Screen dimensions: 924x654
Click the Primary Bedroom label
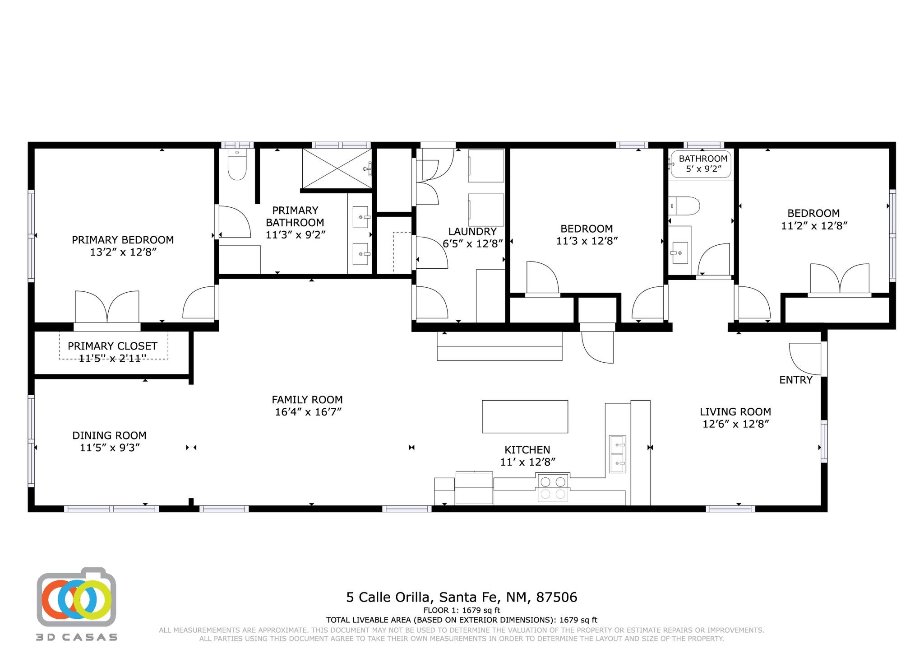click(x=123, y=240)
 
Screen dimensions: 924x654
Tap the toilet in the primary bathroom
click(x=237, y=164)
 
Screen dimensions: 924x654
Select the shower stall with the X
click(x=337, y=168)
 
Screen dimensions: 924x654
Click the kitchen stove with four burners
click(x=553, y=488)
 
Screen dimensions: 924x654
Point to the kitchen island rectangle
click(x=525, y=416)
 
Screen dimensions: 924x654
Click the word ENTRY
click(x=796, y=380)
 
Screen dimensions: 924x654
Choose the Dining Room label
click(x=110, y=435)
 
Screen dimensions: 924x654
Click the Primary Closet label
click(x=112, y=346)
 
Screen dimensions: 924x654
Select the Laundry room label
click(x=472, y=232)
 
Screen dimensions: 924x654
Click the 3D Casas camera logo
click(x=76, y=596)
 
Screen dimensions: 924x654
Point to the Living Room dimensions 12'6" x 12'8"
click(x=736, y=424)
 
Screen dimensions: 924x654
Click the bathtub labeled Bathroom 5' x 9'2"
click(x=701, y=164)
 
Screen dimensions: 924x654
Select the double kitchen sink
click(x=617, y=454)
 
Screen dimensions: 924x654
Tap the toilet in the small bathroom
click(x=684, y=206)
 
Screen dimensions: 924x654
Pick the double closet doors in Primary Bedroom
click(x=107, y=307)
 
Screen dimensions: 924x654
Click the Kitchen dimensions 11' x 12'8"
click(x=527, y=462)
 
